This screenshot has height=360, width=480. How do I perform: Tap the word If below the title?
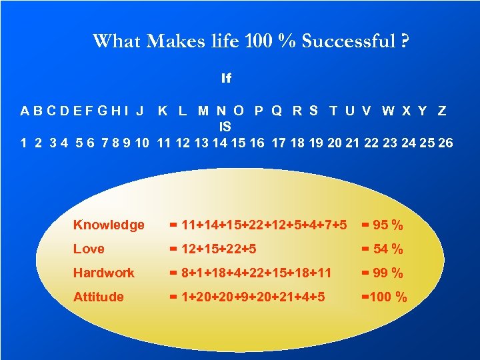coord(226,79)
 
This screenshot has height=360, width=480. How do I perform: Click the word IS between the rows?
coord(225,126)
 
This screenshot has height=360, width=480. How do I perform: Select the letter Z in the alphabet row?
coord(441,111)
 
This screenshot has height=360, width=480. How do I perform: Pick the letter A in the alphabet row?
coord(25,111)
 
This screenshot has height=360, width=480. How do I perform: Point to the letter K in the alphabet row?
coord(163,111)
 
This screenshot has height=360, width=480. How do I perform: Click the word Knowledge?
coord(109,225)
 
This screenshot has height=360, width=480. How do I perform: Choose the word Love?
coord(89,249)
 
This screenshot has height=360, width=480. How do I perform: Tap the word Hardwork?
coord(103,273)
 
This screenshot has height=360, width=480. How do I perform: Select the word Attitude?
coord(98,297)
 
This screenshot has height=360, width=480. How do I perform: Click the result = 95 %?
coord(382,225)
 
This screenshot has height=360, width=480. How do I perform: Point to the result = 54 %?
coord(382,249)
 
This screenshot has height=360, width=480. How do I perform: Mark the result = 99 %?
coord(382,273)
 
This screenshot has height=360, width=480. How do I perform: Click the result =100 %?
coord(383,297)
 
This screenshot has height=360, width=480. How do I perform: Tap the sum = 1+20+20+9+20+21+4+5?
coord(247,297)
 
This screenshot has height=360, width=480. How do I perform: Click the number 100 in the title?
coord(260,42)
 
